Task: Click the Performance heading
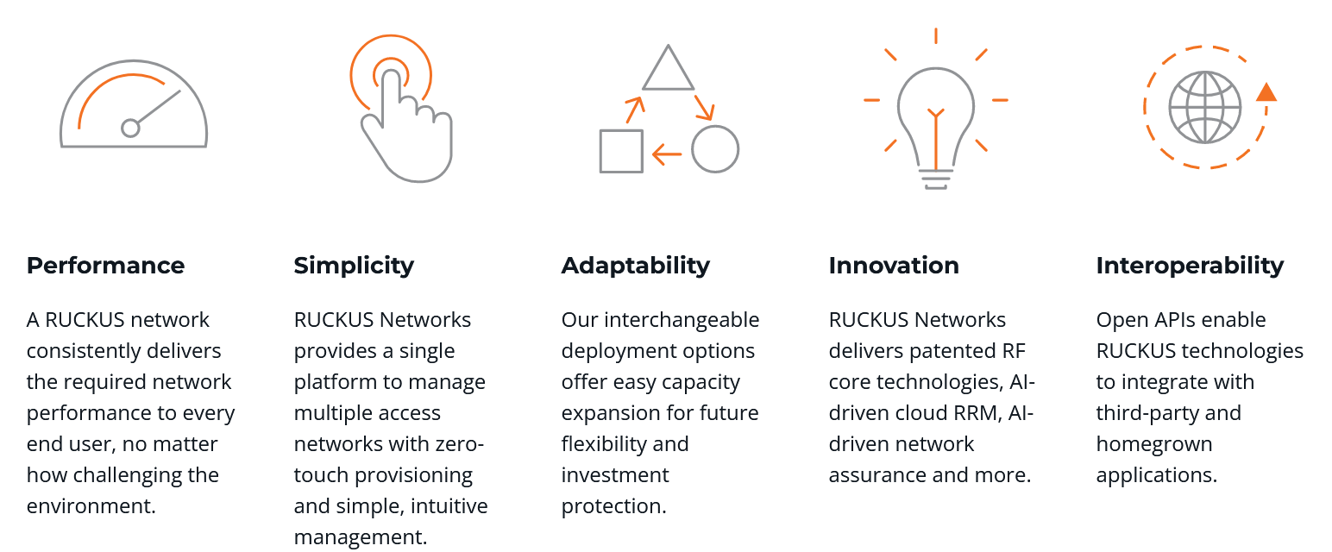(x=105, y=266)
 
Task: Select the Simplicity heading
(x=354, y=267)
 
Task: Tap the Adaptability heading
(x=636, y=267)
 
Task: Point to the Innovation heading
(x=894, y=266)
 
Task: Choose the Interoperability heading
(x=1190, y=267)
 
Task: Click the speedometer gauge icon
(x=134, y=145)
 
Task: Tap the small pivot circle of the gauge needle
(x=130, y=128)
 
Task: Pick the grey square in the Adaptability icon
(x=601, y=151)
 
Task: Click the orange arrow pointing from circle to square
(x=667, y=154)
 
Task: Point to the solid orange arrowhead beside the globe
(x=1266, y=93)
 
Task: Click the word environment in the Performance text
(x=91, y=506)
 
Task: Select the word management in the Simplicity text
(x=361, y=538)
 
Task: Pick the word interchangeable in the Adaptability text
(x=682, y=321)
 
